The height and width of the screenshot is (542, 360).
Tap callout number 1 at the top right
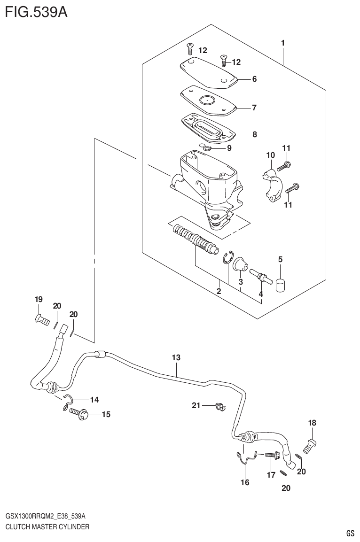click(x=283, y=43)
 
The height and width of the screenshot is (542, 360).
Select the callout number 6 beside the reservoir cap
click(x=254, y=79)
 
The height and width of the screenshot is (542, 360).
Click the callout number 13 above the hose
click(x=176, y=358)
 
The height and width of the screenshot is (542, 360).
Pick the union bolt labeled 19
click(x=42, y=320)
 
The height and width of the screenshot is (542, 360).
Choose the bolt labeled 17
click(x=272, y=455)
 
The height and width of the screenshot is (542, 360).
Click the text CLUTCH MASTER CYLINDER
click(x=47, y=527)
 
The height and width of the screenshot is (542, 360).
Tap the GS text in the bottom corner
click(x=350, y=533)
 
